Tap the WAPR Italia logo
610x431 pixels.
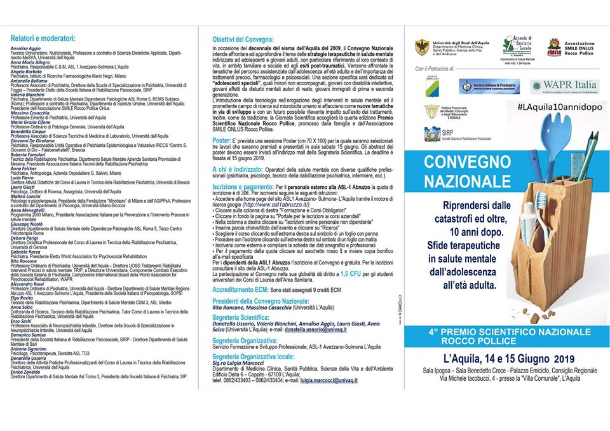[564, 85]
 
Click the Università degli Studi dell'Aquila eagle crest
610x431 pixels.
[422, 48]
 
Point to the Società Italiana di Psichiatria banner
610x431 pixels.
[490, 86]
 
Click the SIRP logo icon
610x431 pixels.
[433, 133]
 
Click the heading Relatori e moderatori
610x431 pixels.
[43, 38]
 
